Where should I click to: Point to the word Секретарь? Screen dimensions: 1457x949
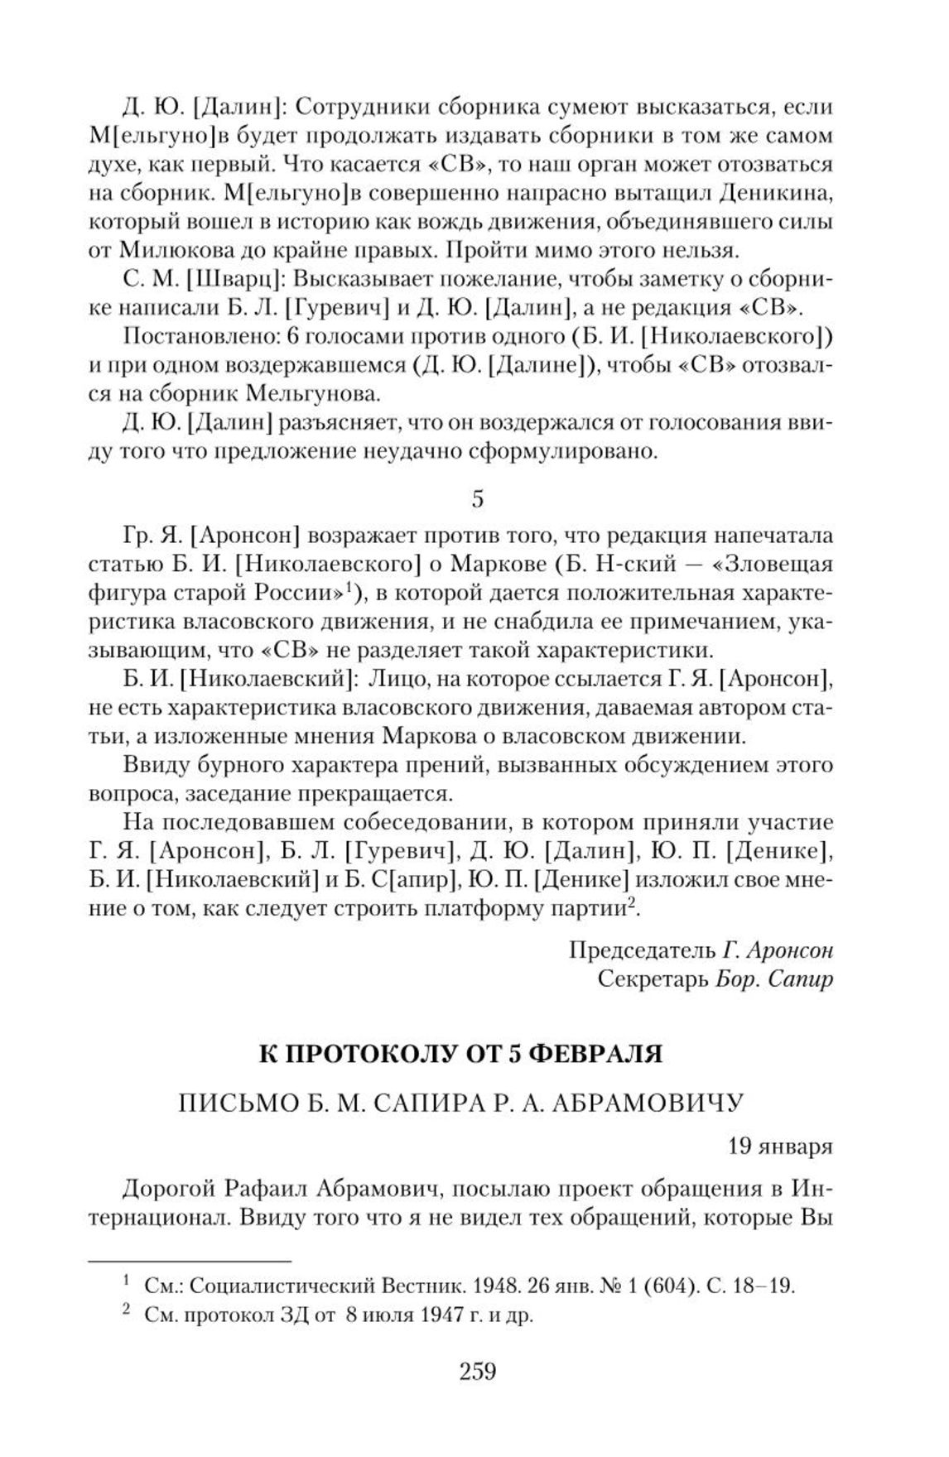(x=653, y=979)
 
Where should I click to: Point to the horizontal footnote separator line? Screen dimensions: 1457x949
(x=190, y=1261)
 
